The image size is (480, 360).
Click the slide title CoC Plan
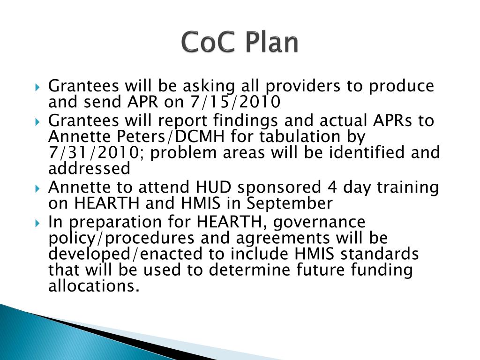(240, 43)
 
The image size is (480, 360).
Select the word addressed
(89, 168)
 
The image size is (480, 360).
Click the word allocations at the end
(94, 286)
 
